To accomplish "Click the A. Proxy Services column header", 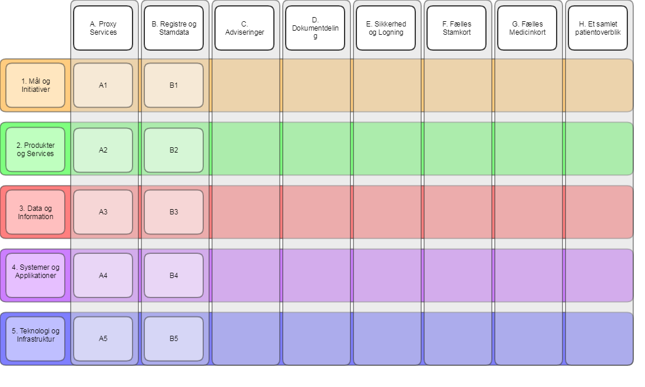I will [103, 28].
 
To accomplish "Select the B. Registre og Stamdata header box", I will [174, 28].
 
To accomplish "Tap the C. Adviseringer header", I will [244, 28].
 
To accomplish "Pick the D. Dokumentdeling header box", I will [315, 28].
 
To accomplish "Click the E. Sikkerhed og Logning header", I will [386, 28].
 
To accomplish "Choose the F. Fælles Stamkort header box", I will [457, 28].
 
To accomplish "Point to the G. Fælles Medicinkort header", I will [527, 28].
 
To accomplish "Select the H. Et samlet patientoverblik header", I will [598, 28].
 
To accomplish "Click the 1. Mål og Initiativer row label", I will [35, 85].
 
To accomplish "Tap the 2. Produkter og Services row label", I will [35, 150].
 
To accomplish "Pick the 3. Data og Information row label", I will [35, 212].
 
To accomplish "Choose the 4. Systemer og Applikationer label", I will [35, 276].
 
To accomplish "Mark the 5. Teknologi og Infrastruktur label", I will [35, 339].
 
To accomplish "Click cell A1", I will [103, 85].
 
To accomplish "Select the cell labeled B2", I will [174, 150].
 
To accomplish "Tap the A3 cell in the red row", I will [103, 212].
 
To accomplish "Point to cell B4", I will [174, 276].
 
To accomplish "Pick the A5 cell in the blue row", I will [103, 339].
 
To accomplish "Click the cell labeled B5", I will [174, 339].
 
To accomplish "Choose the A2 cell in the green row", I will [103, 150].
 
